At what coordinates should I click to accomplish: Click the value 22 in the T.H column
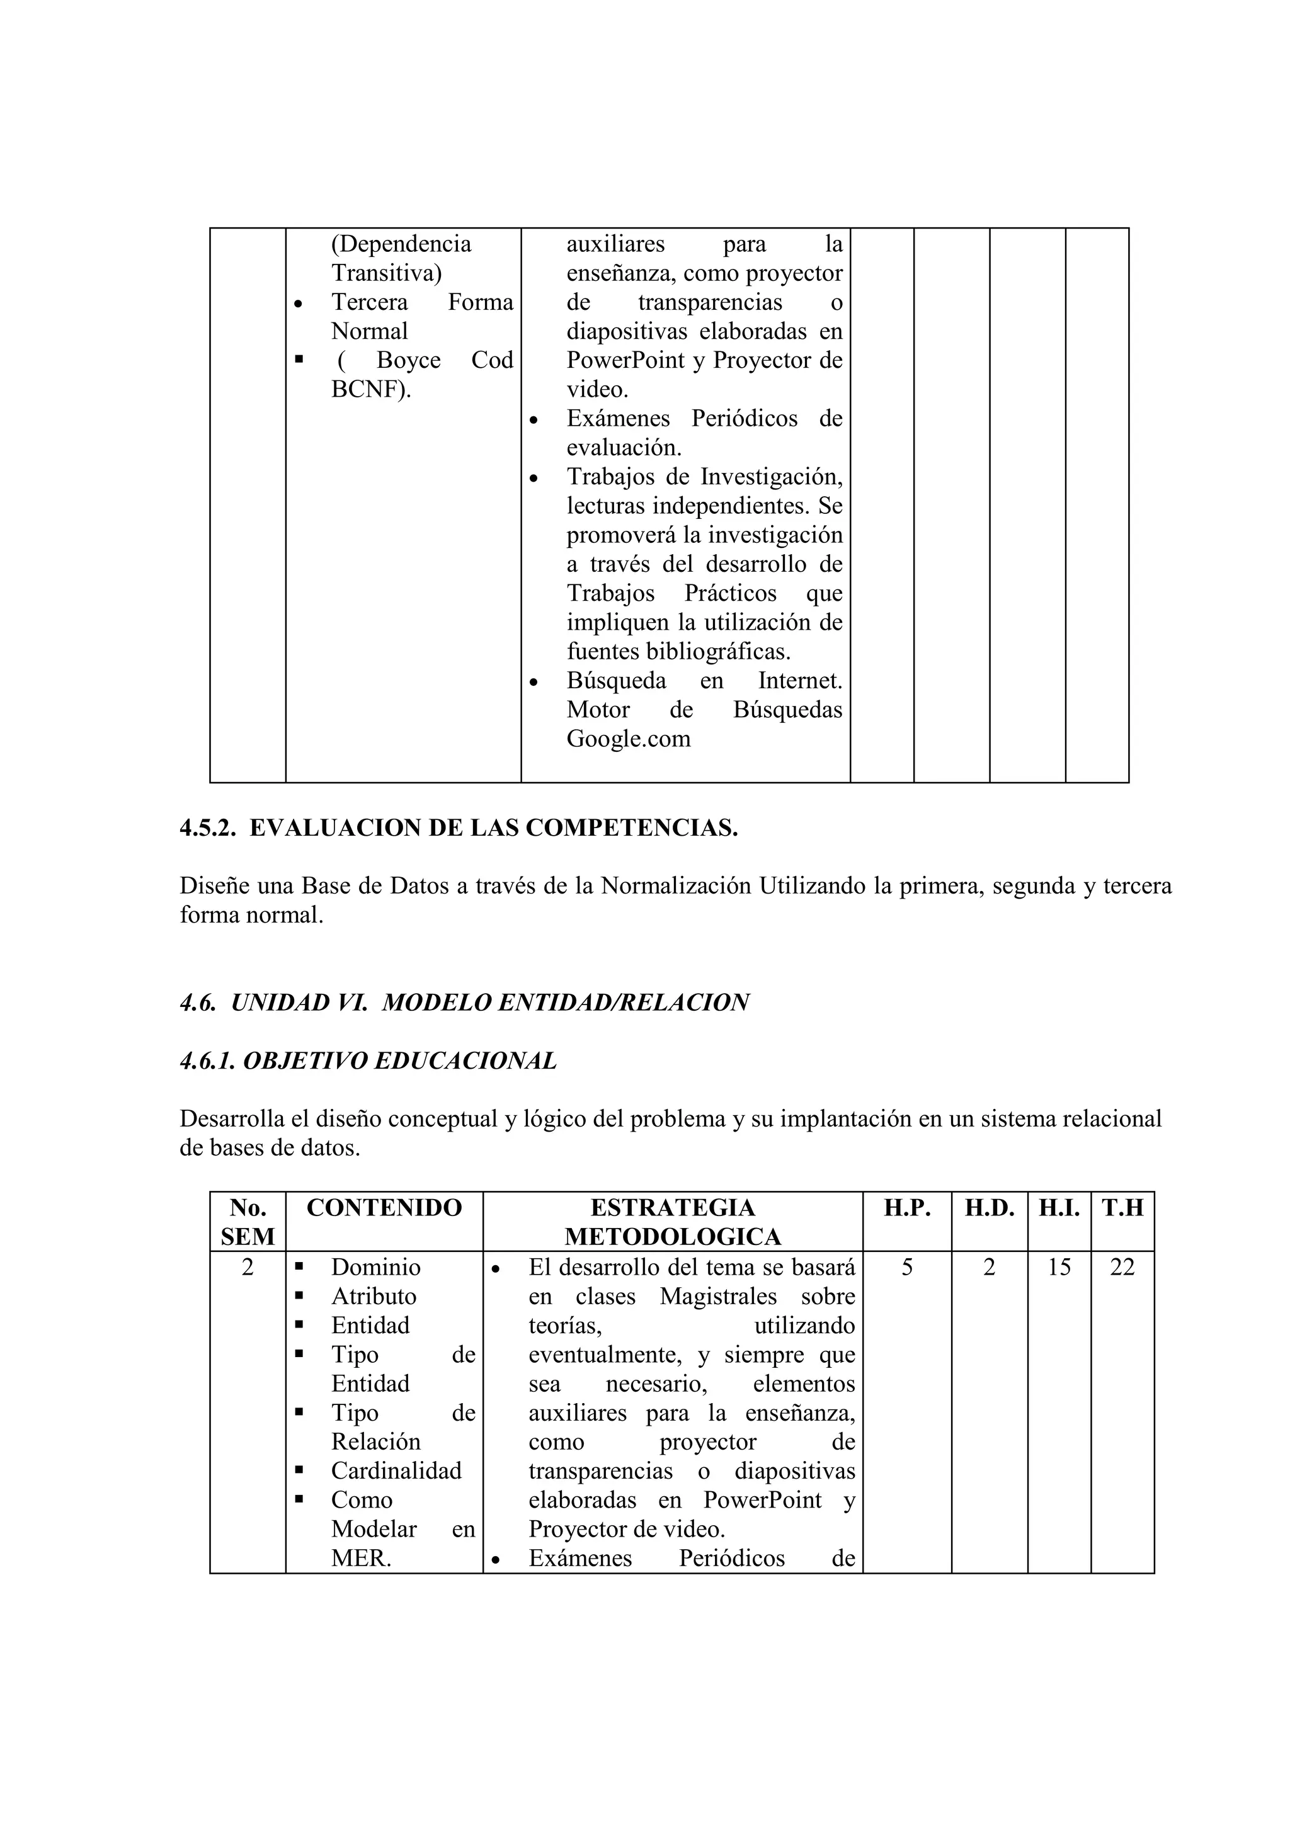coord(1122,1267)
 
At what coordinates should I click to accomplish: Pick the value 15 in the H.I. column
coord(1059,1267)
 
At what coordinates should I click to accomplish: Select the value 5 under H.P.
coord(907,1267)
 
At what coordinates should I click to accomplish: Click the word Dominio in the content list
coord(376,1267)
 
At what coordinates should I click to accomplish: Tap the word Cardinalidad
coord(396,1470)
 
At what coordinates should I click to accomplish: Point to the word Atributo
coord(374,1297)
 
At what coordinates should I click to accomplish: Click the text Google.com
coord(628,739)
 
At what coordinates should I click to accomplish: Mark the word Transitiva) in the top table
coord(386,273)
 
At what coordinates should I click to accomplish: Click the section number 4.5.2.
coord(208,828)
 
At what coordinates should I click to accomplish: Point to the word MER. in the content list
coord(361,1558)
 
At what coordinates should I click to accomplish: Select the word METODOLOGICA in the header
coord(673,1237)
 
